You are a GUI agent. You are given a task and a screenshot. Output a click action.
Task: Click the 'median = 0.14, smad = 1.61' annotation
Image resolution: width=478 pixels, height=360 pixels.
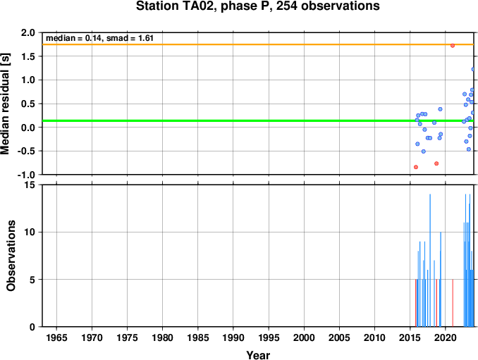click(99, 38)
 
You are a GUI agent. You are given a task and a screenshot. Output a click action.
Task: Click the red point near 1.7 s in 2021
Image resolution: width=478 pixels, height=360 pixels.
click(453, 46)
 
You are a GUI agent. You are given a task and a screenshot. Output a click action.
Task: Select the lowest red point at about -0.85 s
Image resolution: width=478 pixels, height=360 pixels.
click(416, 167)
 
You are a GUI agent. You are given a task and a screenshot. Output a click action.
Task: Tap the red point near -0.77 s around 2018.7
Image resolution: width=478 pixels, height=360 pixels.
click(436, 163)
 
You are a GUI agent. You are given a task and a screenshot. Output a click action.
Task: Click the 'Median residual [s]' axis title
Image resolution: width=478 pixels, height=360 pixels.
click(6, 104)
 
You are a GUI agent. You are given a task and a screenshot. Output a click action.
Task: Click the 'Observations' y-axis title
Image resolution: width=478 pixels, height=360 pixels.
click(11, 256)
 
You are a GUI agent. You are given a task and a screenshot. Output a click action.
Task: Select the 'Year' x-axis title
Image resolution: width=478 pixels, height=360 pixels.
click(258, 355)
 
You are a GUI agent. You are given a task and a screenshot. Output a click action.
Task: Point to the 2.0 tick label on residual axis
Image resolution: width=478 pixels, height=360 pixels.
click(28, 32)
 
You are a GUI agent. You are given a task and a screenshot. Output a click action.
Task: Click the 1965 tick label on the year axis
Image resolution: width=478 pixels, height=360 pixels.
click(56, 337)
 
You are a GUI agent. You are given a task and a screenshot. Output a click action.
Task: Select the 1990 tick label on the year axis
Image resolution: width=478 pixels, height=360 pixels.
click(233, 337)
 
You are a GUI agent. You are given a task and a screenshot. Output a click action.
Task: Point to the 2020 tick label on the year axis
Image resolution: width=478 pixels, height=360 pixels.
click(446, 337)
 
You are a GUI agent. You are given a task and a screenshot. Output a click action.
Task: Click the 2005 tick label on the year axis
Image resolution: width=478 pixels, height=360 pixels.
click(339, 337)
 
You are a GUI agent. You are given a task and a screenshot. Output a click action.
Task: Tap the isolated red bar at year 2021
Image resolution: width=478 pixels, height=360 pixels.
click(453, 303)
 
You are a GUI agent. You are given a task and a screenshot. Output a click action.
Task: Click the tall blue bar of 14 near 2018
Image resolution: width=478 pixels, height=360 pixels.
click(430, 261)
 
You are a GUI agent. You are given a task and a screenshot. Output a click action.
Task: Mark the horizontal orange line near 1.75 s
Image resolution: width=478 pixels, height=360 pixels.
click(258, 44)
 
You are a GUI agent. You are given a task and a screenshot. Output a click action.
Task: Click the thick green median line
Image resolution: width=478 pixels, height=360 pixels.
click(258, 120)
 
